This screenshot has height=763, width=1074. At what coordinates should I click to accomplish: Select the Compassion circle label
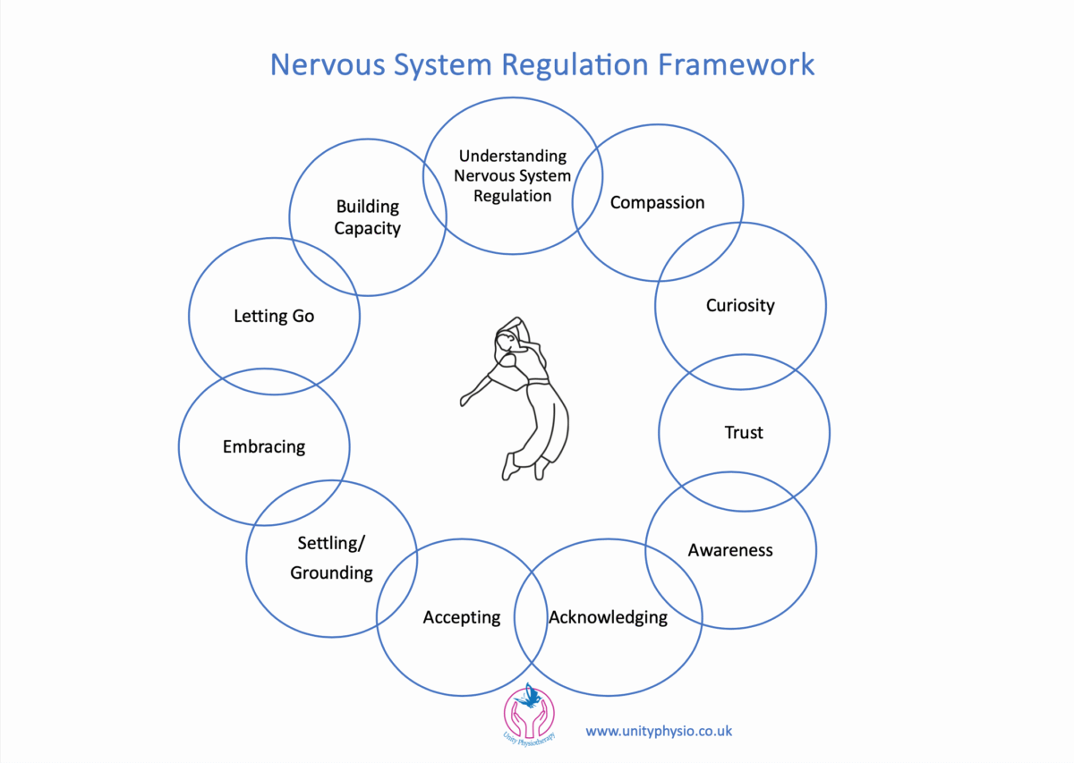657,203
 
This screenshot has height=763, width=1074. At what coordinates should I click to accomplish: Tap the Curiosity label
740,305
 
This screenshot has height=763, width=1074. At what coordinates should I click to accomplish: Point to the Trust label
744,433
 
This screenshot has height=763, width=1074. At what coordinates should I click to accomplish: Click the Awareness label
729,550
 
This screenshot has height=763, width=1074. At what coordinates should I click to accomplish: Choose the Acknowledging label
609,617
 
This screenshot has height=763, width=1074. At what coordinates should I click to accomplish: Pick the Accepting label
462,617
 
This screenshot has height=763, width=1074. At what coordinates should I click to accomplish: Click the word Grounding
331,572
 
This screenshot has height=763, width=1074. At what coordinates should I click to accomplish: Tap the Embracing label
264,446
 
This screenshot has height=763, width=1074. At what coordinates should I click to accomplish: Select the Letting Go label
274,316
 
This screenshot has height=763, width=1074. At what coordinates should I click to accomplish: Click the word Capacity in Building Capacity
367,228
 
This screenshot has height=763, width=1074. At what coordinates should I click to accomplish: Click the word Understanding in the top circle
513,157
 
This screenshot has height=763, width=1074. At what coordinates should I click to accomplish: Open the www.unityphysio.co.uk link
659,731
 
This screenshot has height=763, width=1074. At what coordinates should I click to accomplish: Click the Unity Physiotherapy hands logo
529,716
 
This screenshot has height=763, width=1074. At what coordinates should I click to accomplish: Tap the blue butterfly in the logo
532,694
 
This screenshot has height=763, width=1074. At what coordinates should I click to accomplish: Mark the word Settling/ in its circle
331,543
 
